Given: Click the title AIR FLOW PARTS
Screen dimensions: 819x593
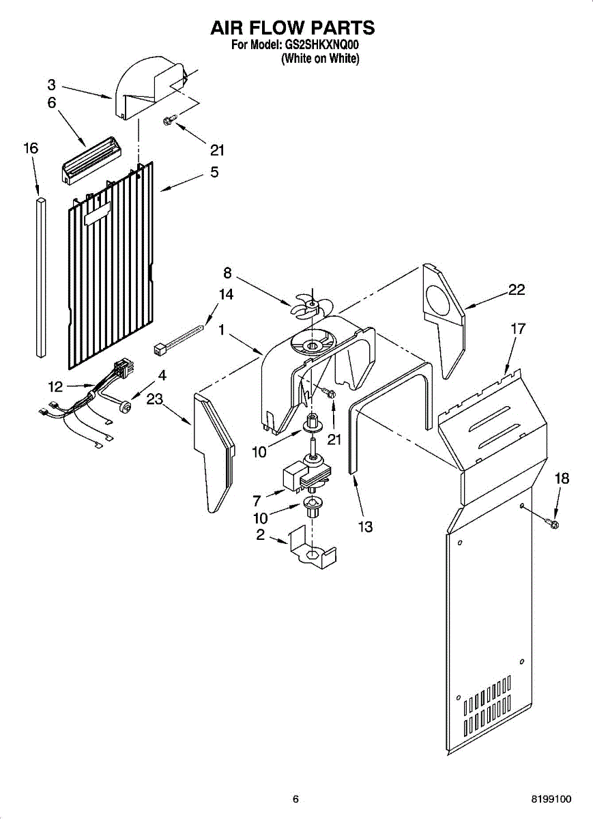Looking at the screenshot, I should (x=293, y=28).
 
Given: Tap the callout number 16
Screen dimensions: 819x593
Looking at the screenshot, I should (x=31, y=148).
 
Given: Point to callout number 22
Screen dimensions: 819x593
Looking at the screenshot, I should (x=517, y=289).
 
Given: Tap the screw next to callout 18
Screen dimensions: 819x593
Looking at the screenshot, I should (x=553, y=523).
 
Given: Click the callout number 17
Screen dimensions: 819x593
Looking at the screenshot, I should (x=518, y=329).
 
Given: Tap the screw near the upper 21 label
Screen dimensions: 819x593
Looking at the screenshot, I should (x=169, y=121).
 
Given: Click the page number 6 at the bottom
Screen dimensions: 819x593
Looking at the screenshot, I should (x=295, y=799).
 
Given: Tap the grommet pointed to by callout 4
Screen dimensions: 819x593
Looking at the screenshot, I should (x=126, y=407).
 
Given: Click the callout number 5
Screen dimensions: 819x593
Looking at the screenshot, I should (x=214, y=173).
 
